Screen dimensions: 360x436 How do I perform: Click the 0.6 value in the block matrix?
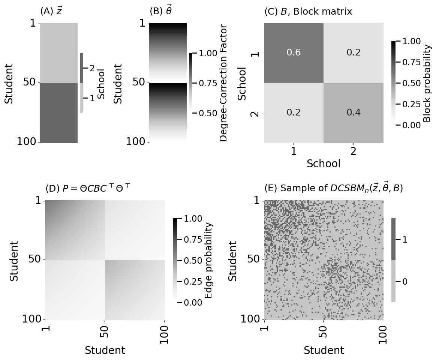click(x=294, y=52)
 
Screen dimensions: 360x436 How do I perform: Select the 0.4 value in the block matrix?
click(x=353, y=112)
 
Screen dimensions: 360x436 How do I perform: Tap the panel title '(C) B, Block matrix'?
click(x=308, y=12)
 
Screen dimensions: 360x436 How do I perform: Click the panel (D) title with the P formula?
click(x=88, y=188)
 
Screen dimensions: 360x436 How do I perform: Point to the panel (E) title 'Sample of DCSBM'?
click(x=333, y=188)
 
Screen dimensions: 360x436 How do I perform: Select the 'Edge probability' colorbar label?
click(x=209, y=260)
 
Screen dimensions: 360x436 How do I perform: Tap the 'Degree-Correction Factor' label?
click(x=223, y=83)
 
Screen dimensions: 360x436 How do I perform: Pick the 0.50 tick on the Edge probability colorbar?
click(x=193, y=260)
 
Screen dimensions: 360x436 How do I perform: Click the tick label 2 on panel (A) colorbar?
click(x=92, y=68)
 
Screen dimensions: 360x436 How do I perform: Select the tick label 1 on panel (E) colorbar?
click(x=405, y=239)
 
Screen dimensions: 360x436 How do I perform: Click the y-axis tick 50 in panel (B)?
click(x=139, y=82)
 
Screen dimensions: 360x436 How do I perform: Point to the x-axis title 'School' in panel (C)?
click(x=324, y=164)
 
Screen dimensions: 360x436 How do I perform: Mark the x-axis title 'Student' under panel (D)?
click(x=105, y=351)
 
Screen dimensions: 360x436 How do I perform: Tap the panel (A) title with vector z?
click(x=51, y=11)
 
